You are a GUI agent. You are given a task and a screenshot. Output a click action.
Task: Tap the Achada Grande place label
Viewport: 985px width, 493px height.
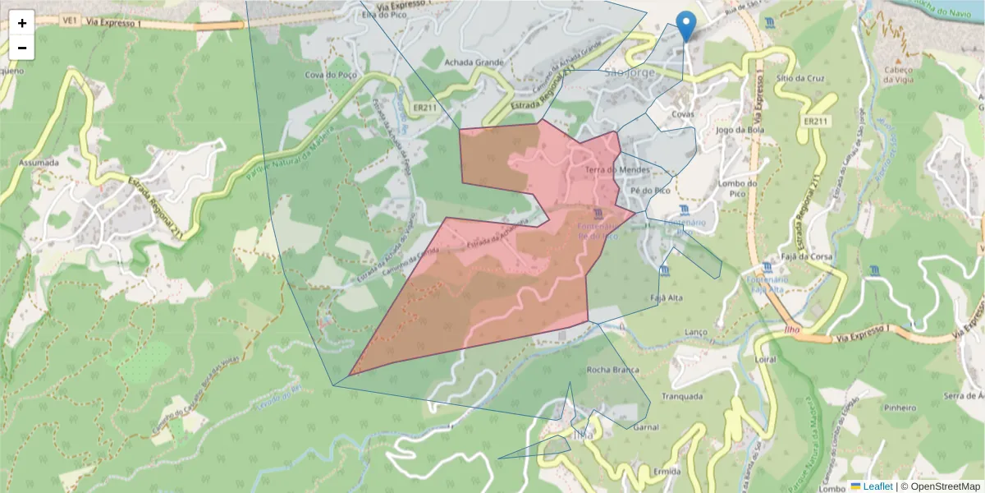click(x=473, y=62)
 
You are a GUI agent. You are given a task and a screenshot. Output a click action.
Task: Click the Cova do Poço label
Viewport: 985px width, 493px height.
click(x=328, y=75)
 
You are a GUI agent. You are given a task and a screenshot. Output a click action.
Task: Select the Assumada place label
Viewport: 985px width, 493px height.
click(x=39, y=163)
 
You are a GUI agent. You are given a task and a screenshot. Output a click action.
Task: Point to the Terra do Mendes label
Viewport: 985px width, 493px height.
click(x=617, y=170)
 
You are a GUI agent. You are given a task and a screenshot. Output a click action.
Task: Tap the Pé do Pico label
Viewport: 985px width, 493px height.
click(x=650, y=191)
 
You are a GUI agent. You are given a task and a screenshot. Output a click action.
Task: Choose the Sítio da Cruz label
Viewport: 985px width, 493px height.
click(x=804, y=78)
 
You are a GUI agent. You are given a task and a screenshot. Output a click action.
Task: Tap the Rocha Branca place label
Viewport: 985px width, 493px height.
click(x=612, y=371)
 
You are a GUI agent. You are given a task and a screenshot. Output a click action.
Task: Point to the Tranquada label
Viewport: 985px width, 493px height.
click(x=681, y=396)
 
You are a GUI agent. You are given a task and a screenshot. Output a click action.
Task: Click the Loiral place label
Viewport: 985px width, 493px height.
click(x=765, y=360)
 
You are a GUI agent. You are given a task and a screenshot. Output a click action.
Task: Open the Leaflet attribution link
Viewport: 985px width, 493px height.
click(x=877, y=486)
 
